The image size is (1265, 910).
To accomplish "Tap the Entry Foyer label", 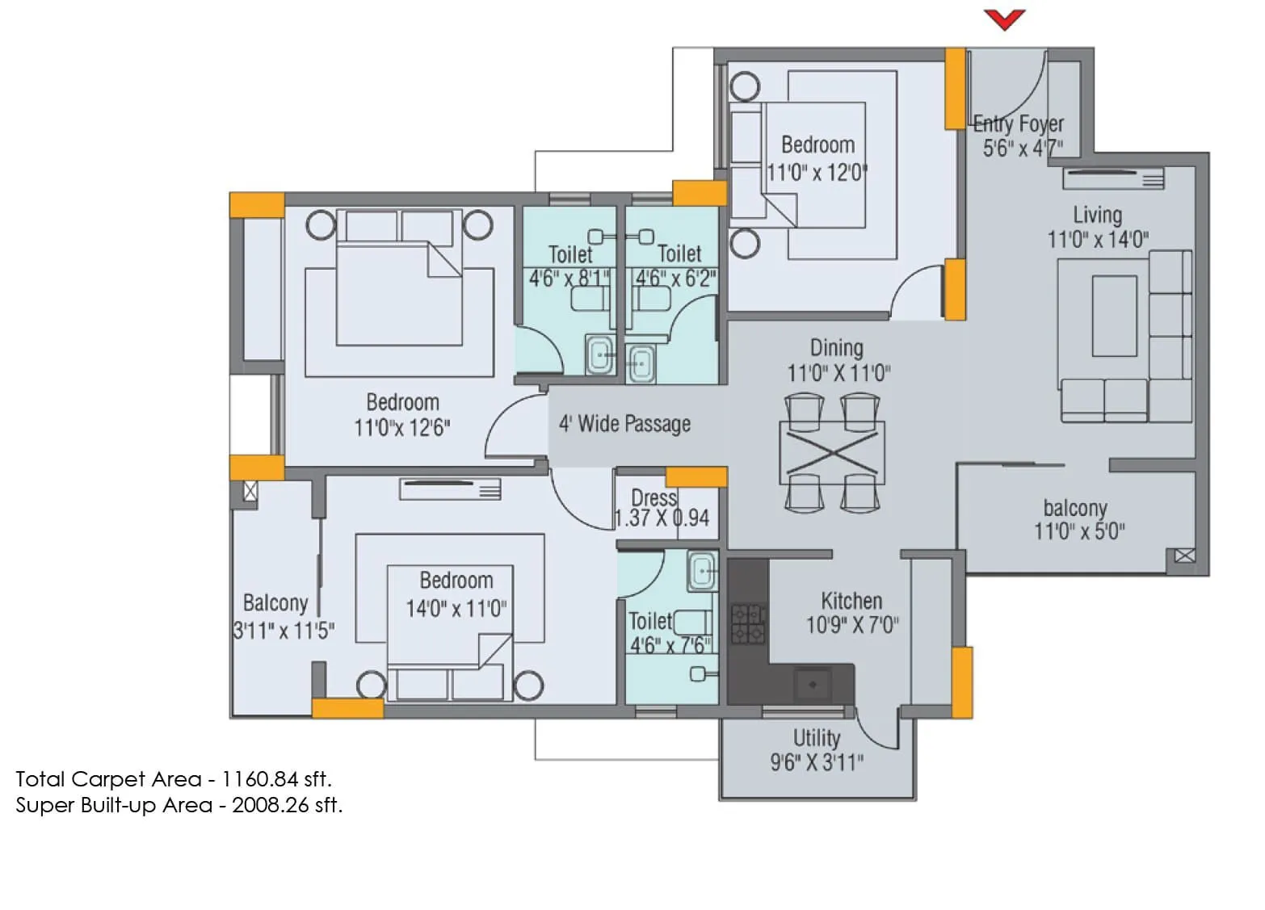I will tap(1018, 124).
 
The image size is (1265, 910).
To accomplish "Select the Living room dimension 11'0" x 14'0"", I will tap(1098, 240).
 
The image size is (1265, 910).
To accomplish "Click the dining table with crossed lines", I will tap(832, 453).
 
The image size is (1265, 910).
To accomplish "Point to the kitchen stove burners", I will tap(748, 624).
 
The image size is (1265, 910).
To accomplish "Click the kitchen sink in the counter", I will tap(813, 685).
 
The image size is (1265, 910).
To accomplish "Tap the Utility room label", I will tap(816, 738).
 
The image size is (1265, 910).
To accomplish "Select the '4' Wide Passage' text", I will tap(624, 424).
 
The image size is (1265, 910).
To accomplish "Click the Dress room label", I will tap(654, 497).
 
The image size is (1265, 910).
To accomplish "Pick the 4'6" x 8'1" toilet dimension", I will tap(570, 279).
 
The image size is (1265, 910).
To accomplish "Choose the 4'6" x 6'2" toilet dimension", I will tap(676, 279).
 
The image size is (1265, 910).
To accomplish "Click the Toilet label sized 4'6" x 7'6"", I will tap(650, 621).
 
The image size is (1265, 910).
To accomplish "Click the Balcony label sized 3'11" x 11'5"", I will tap(275, 603).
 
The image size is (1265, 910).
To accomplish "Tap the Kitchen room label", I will tap(851, 601).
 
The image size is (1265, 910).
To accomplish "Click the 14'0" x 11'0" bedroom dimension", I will tap(456, 608).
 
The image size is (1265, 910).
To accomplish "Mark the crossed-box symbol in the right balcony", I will tap(1184, 556).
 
